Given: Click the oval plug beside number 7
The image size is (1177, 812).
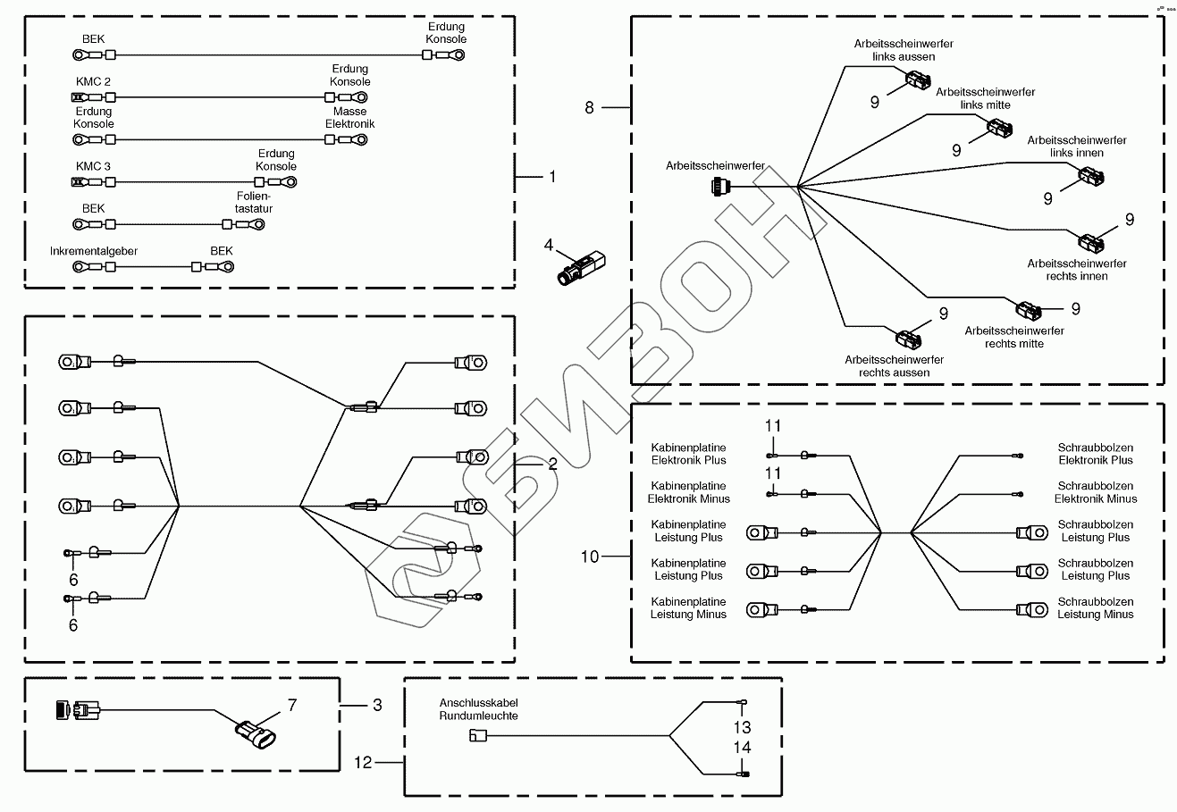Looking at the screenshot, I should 256,736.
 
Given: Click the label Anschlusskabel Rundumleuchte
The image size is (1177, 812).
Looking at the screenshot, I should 478,708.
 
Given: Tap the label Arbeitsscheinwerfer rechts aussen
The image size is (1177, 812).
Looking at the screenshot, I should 893,366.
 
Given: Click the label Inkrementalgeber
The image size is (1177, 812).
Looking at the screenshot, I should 94,251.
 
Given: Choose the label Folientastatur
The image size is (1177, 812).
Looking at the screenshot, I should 255,202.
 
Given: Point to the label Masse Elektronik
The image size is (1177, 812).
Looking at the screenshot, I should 349,118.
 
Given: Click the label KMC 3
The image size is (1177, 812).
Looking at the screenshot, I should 93,166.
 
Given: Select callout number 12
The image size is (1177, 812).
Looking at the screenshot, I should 363,762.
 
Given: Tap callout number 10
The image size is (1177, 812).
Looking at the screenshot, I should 590,557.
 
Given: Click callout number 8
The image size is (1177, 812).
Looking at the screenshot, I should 589,107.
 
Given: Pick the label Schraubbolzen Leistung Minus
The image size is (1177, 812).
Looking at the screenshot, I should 1095,608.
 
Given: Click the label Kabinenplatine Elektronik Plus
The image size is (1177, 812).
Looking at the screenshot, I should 688,454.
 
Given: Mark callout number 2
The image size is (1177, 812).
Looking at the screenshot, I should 552,464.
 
